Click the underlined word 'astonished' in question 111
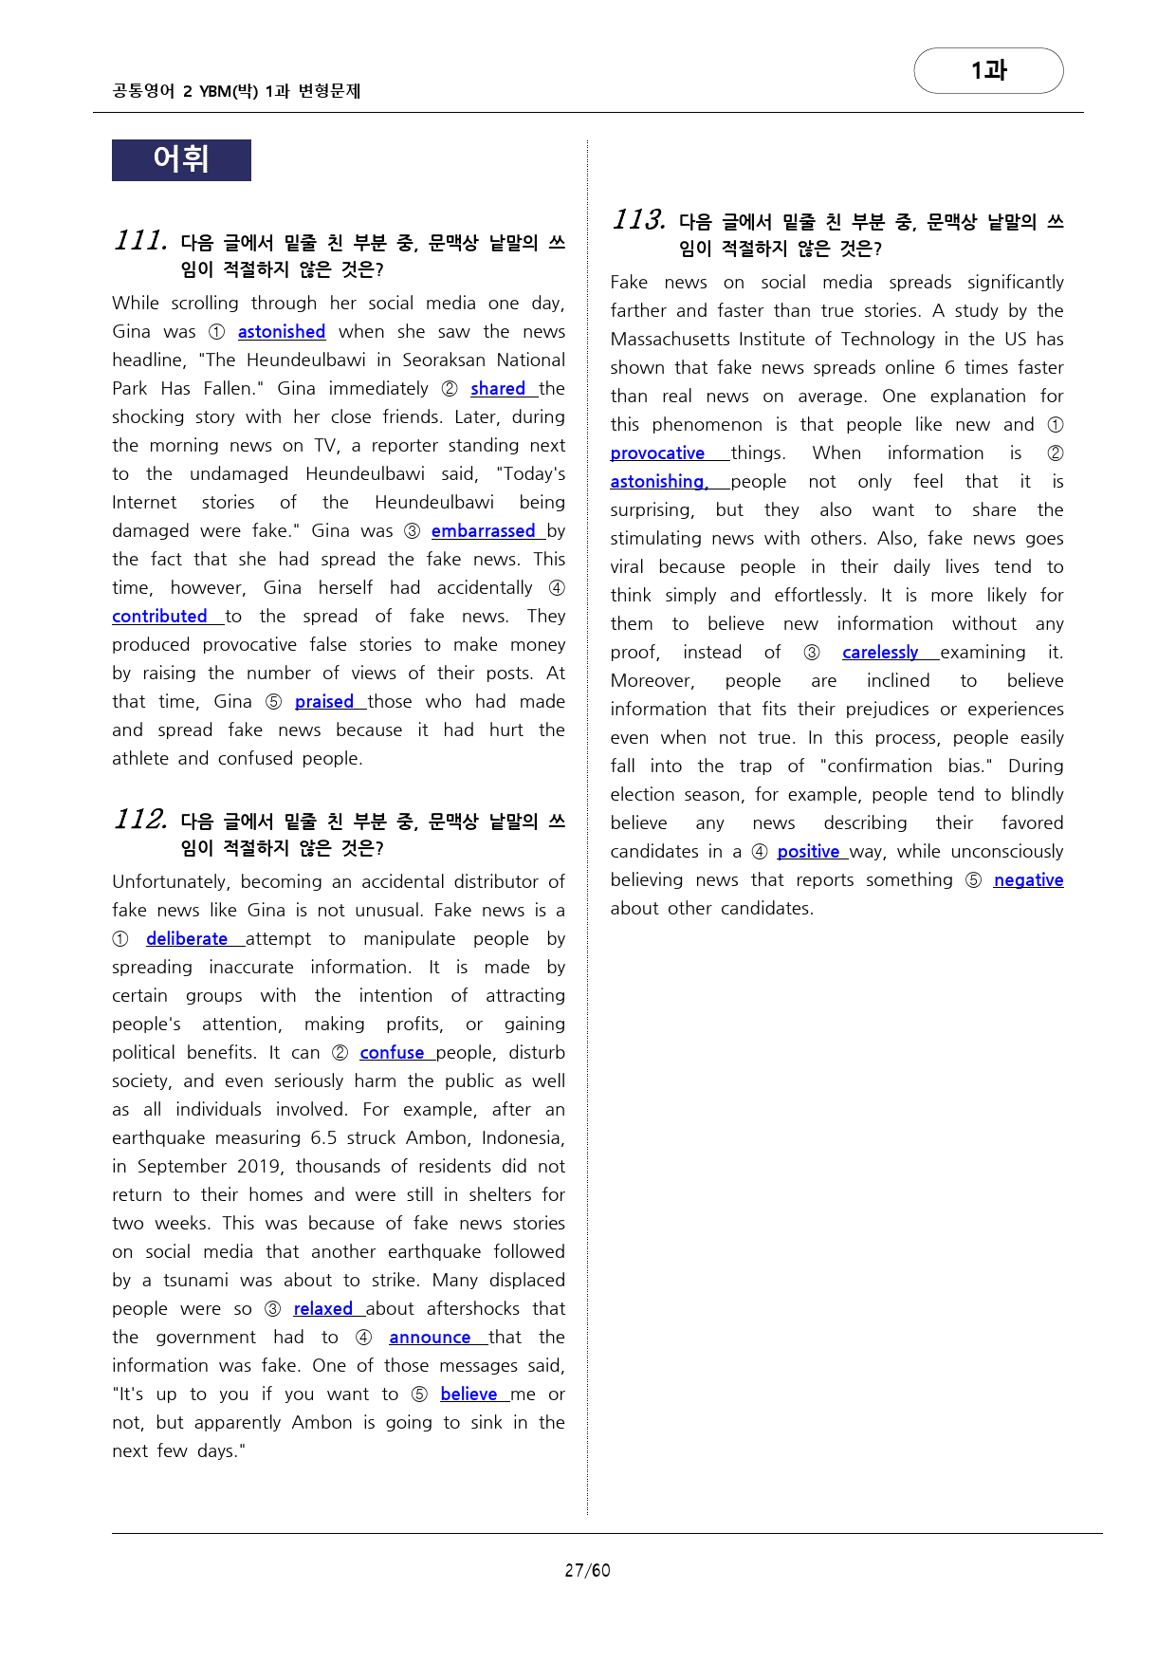281,332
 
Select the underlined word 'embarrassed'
483,531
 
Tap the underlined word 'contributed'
159,617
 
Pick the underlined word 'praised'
323,702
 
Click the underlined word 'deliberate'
187,939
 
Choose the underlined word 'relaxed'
322,1309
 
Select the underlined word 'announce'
430,1338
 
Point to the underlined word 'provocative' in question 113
657,453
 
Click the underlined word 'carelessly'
880,653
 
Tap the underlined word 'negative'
1028,880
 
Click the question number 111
140,241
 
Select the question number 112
140,820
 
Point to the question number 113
638,220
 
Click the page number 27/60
587,1570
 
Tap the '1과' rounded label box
988,70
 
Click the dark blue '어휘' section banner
181,159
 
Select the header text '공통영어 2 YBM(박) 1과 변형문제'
236,91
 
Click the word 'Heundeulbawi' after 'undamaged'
365,474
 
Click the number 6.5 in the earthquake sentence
324,1138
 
